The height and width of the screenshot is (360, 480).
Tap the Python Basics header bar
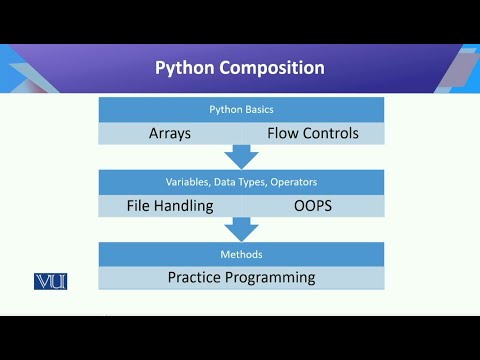(x=241, y=109)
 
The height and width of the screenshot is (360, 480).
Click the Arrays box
(x=170, y=133)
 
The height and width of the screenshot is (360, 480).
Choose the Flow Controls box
(x=312, y=133)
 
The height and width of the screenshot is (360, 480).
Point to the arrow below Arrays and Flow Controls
(x=241, y=157)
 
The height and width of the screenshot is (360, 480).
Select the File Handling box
(x=170, y=205)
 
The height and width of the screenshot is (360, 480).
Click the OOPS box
(x=312, y=205)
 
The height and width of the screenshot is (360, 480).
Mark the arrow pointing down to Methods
(x=241, y=229)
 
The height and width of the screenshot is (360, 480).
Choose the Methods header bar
(x=241, y=254)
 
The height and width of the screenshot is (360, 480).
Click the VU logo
(x=50, y=281)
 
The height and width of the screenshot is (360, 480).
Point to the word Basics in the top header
(x=260, y=109)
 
